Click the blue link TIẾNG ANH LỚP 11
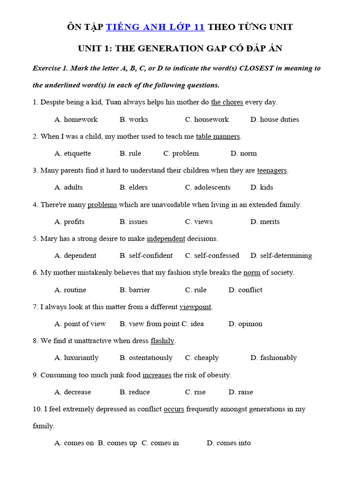(155, 27)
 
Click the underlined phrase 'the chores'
(227, 102)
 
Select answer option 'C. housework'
(207, 120)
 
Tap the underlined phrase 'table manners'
(218, 136)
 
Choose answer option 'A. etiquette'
(73, 153)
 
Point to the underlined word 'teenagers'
(272, 171)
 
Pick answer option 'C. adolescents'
(208, 187)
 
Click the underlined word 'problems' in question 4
(102, 205)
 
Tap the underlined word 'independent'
(166, 239)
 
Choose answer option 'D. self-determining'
(281, 256)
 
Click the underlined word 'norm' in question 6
(252, 273)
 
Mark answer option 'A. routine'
(70, 290)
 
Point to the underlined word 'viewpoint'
(195, 307)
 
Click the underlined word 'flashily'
(163, 341)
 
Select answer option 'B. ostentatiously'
(146, 358)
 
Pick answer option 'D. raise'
(240, 392)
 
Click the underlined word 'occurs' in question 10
(174, 409)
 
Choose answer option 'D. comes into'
(229, 443)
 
